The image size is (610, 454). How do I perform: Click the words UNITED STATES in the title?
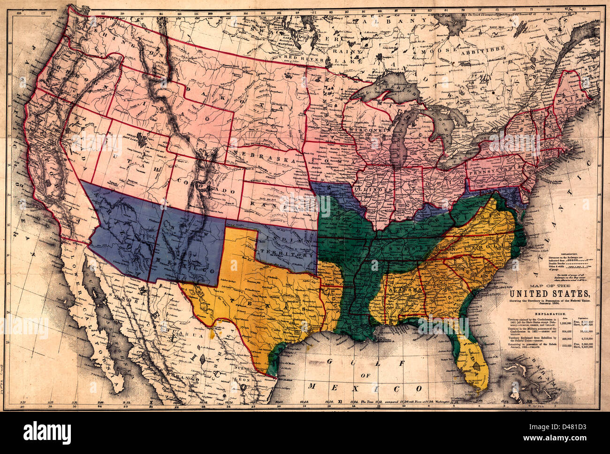[x=548, y=294]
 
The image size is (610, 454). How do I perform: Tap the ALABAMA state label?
[x=402, y=291]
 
